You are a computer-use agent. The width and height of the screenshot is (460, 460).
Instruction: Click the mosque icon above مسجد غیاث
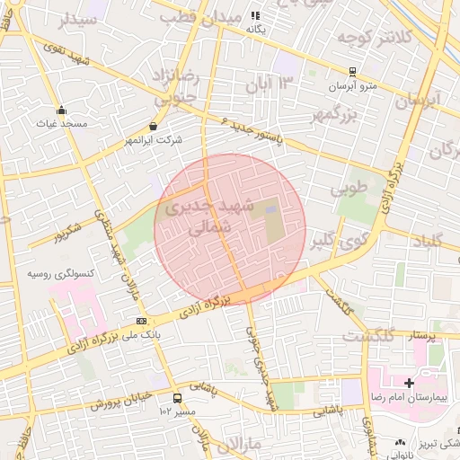tap(61, 111)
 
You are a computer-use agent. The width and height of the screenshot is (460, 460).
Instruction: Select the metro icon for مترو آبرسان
tap(353, 72)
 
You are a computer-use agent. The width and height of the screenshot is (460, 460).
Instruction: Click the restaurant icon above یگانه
tap(255, 15)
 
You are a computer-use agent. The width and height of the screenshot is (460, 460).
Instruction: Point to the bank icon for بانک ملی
tap(142, 321)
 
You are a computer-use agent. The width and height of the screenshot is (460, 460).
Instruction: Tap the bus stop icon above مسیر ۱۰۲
tap(177, 398)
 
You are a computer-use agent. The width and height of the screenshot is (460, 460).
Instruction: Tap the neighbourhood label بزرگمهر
tap(333, 113)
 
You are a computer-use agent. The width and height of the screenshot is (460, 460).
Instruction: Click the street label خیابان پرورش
tap(118, 402)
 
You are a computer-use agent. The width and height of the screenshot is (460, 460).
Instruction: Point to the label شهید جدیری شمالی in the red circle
tap(211, 217)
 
